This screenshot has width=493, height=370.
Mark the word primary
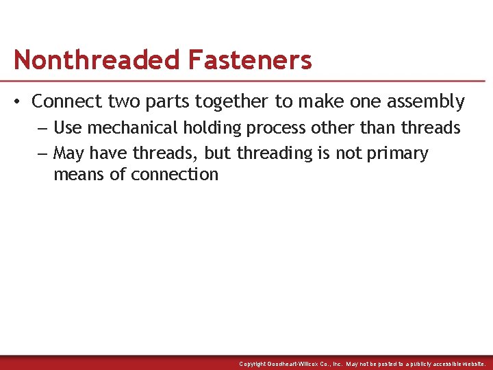pyautogui.click(x=398, y=153)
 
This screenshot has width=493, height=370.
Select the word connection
pyautogui.click(x=175, y=174)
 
